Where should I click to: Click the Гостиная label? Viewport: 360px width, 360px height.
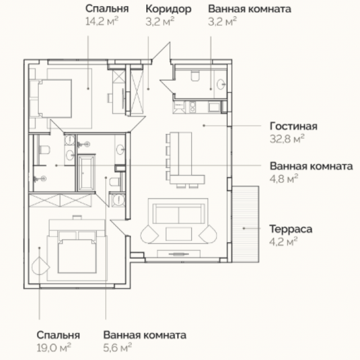pos(294,126)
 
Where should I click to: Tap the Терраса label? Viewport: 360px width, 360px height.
pos(291,229)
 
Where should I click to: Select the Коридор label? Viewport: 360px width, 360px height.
pos(168,10)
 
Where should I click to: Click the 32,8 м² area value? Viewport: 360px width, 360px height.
pos(287,139)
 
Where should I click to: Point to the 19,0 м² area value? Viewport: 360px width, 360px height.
pos(54,348)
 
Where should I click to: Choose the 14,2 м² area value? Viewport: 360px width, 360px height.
pos(102,21)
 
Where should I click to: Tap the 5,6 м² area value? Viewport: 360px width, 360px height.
pos(118,348)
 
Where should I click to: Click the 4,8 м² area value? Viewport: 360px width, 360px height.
pos(283,179)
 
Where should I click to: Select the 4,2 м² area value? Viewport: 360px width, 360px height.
pos(283,241)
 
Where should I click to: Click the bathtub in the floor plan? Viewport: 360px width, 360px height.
pos(87,173)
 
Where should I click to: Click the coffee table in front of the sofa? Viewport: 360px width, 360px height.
pos(179,234)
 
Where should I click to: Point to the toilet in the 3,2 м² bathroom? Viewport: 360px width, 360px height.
pos(195,76)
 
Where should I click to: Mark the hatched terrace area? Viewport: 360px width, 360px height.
pos(245,224)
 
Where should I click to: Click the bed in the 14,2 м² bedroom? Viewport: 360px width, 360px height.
pos(55,99)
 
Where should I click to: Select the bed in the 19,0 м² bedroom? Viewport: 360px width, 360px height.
pos(77,252)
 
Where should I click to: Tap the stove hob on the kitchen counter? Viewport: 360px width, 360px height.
pos(192,107)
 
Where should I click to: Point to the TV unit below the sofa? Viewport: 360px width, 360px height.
pos(179,254)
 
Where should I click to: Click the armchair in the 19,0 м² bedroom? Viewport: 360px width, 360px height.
pos(40,266)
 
